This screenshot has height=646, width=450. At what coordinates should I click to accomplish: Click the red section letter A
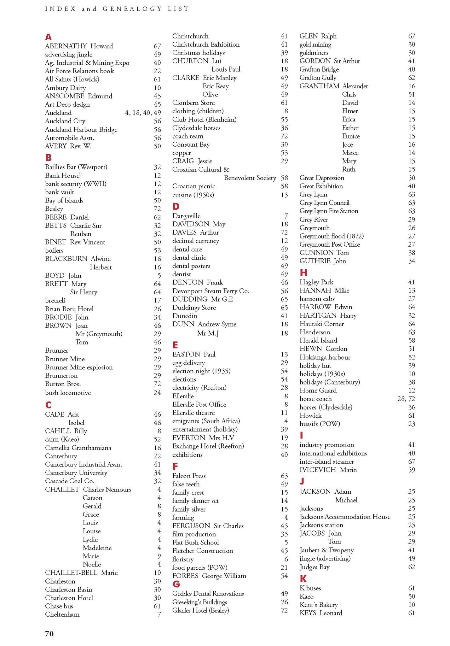[48, 37]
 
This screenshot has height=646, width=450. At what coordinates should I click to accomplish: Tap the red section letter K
[303, 578]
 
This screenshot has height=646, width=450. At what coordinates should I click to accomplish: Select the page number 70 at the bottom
[49, 633]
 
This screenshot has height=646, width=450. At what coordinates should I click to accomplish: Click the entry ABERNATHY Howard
[79, 46]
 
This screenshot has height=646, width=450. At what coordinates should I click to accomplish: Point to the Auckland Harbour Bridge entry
[81, 129]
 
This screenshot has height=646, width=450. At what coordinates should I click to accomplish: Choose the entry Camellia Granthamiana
[78, 448]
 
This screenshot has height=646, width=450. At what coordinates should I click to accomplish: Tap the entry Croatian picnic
[193, 186]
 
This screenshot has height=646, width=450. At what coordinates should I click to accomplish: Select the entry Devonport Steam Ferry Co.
[211, 291]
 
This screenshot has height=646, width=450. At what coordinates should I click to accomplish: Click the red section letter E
[175, 345]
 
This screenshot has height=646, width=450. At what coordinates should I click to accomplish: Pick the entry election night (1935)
[201, 371]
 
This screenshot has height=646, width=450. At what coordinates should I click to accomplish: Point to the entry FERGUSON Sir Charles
[208, 526]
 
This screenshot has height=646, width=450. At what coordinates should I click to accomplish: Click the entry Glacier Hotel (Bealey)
[200, 610]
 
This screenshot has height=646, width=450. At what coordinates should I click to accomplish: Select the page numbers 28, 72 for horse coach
[406, 399]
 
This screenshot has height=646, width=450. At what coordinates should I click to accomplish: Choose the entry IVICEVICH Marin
[328, 470]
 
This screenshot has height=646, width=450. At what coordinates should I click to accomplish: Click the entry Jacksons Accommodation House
[345, 517]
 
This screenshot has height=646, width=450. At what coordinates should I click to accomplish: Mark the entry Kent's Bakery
[319, 605]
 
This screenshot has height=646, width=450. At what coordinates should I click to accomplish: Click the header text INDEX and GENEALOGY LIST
[117, 9]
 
